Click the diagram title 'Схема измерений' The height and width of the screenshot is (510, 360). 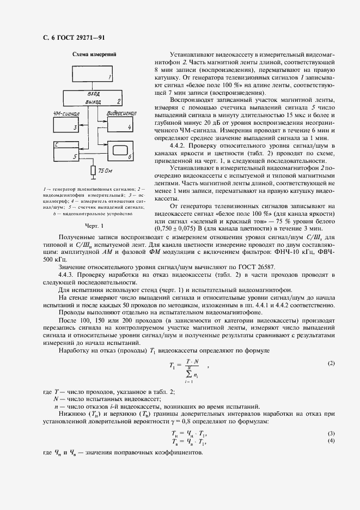(90, 54)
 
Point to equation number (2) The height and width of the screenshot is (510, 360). (331, 363)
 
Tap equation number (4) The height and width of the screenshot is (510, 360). (331, 440)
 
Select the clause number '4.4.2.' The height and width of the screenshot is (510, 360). (179, 147)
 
